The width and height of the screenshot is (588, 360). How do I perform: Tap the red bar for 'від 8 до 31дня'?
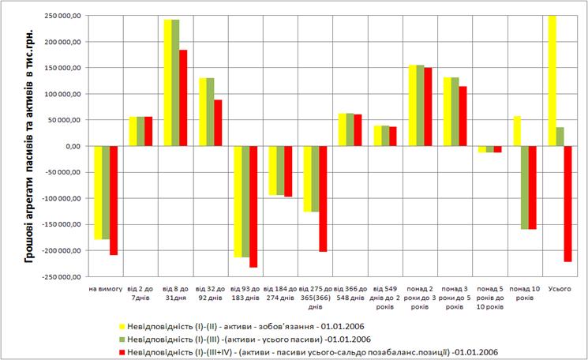click(x=183, y=98)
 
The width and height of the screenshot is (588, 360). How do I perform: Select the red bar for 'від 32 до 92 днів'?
click(x=218, y=123)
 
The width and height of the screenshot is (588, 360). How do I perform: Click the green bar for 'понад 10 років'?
click(x=525, y=188)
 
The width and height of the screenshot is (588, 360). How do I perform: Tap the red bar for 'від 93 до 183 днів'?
click(x=253, y=207)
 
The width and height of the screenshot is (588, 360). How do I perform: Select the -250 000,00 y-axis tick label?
click(x=62, y=277)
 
